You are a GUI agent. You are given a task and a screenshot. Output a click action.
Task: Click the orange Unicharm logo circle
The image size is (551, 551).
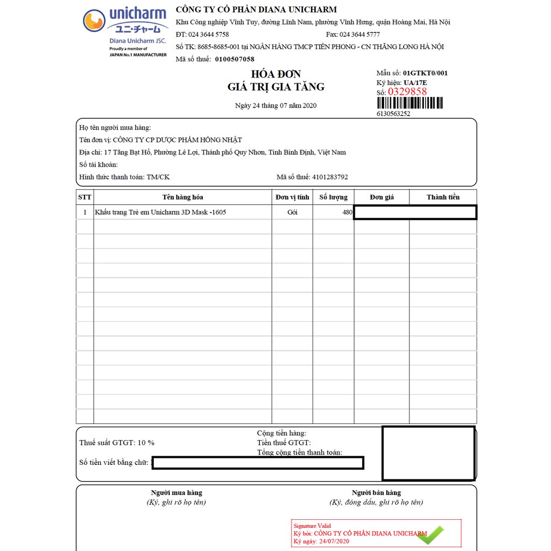[94, 21]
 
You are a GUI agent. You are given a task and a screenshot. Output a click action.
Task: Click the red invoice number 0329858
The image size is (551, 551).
[407, 92]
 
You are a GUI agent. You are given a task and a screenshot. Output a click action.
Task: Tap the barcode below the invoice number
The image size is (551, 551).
[409, 103]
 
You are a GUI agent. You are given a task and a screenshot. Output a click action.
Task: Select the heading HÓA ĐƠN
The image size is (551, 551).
[275, 74]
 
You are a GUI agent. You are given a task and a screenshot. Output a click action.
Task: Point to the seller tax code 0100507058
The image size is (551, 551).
[235, 59]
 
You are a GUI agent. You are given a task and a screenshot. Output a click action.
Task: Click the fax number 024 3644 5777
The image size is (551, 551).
[359, 34]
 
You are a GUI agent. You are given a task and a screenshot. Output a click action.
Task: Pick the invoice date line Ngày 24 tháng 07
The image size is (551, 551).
[275, 105]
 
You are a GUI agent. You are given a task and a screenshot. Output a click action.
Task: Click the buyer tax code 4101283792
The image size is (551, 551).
[330, 177]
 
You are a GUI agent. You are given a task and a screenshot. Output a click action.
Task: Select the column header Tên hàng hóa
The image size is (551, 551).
[182, 197]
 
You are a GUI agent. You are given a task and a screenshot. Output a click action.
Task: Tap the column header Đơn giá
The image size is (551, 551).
[382, 197]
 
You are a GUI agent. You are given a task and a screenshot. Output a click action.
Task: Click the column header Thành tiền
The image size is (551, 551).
[443, 197]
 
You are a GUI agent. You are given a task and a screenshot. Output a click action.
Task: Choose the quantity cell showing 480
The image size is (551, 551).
[347, 212]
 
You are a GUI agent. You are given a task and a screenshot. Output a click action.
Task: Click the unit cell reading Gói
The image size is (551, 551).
[292, 212]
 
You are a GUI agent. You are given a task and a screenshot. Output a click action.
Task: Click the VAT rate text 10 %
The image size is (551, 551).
[146, 443]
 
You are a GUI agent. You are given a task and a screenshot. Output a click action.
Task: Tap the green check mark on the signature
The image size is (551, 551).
[430, 535]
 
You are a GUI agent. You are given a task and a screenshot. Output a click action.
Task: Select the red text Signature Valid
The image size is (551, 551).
[312, 526]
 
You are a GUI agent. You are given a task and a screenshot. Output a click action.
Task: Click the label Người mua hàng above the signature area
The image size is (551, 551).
[176, 492]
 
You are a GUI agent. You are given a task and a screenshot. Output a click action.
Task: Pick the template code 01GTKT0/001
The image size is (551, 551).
[425, 73]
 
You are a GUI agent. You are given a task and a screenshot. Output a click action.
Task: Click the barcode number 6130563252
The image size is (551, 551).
[393, 114]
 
